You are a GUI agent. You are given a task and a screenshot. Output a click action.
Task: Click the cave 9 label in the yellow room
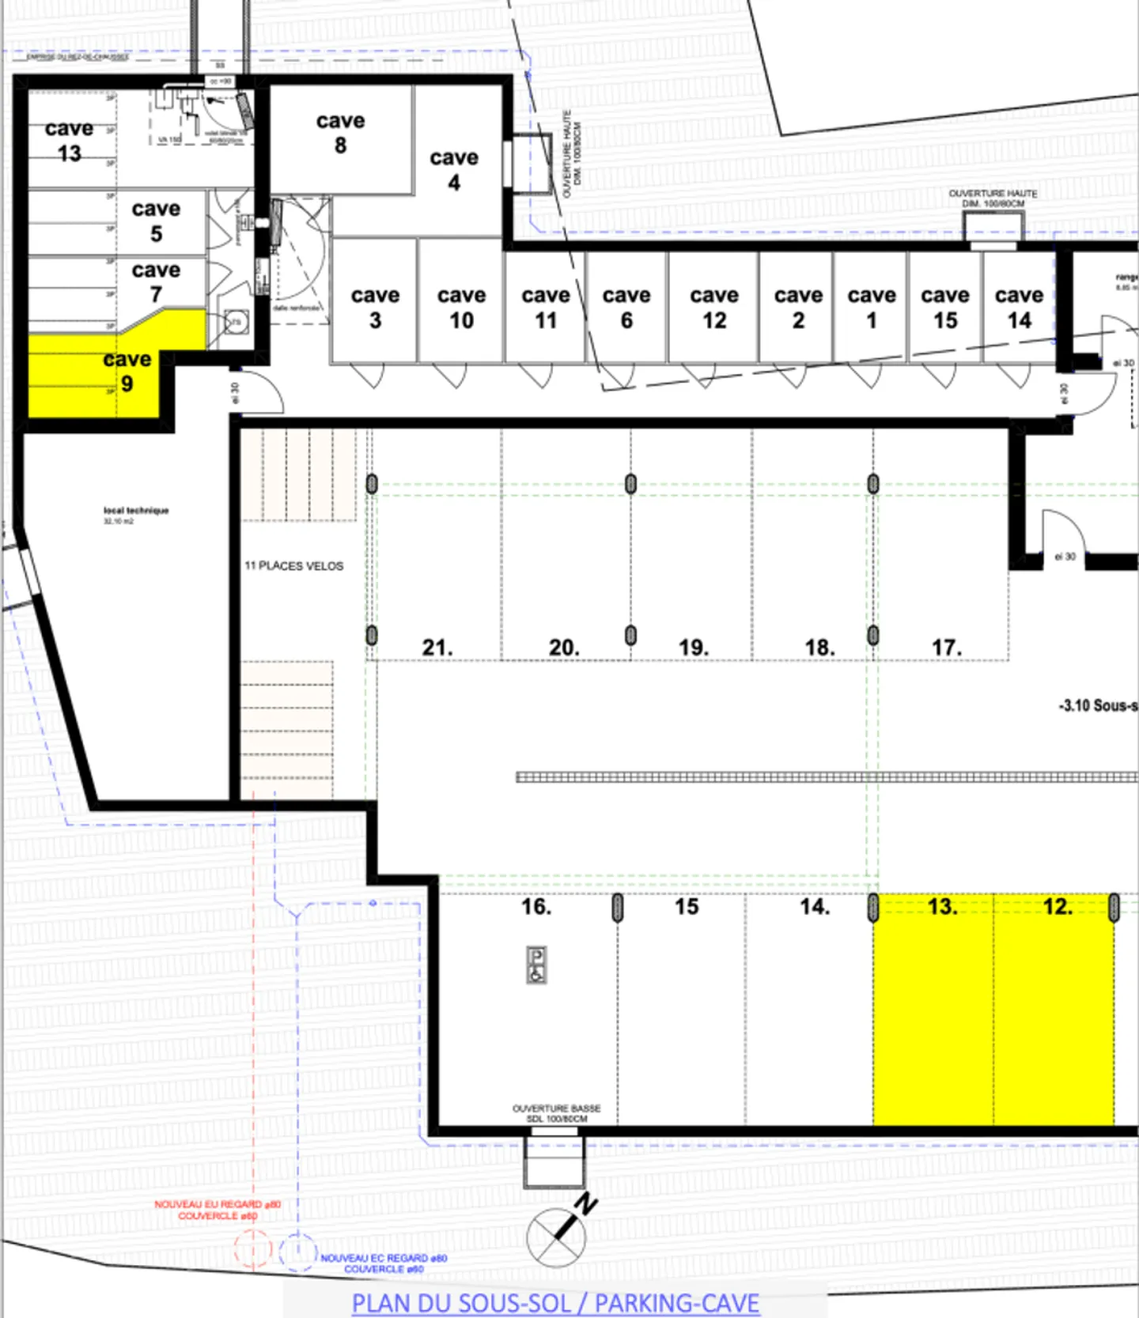pyautogui.click(x=127, y=372)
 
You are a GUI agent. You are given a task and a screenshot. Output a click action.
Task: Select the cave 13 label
pyautogui.click(x=69, y=141)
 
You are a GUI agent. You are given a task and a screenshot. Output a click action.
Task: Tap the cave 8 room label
pyautogui.click(x=340, y=133)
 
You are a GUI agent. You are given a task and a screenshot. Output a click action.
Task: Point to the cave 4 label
pyautogui.click(x=454, y=170)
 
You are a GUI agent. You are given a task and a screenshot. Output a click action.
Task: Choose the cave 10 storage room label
pyautogui.click(x=461, y=308)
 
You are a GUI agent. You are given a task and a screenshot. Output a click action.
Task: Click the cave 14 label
pyautogui.click(x=1019, y=308)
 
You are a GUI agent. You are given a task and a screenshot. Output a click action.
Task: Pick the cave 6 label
pyautogui.click(x=626, y=308)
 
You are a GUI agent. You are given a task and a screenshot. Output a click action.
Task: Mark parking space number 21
pyautogui.click(x=437, y=648)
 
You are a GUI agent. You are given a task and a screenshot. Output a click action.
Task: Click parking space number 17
pyautogui.click(x=946, y=648)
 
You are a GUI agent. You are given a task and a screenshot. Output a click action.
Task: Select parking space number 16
pyautogui.click(x=535, y=906)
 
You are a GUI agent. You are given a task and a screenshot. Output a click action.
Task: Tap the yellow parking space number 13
pyautogui.click(x=942, y=906)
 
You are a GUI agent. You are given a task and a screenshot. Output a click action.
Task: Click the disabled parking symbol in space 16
pyautogui.click(x=536, y=965)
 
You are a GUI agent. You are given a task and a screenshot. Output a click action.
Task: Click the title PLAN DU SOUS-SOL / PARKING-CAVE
pyautogui.click(x=555, y=1303)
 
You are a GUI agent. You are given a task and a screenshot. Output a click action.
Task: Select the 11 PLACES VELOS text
pyautogui.click(x=293, y=566)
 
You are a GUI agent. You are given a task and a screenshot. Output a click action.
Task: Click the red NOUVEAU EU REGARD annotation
pyautogui.click(x=218, y=1210)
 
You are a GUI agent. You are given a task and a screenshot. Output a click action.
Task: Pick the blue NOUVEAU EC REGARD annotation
pyautogui.click(x=384, y=1263)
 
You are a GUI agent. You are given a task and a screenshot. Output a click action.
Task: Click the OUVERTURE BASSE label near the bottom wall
pyautogui.click(x=557, y=1113)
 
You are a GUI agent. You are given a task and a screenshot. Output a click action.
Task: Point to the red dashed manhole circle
pyautogui.click(x=252, y=1250)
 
